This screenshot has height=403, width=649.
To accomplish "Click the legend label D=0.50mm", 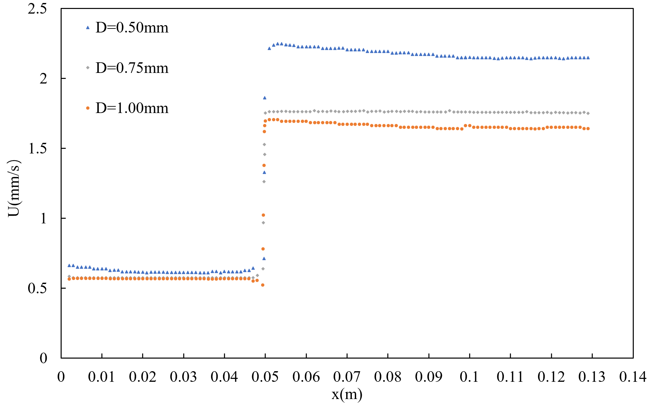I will (132, 28).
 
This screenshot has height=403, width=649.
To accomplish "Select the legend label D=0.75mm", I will (132, 68).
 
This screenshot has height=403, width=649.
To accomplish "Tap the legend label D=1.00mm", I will (132, 108).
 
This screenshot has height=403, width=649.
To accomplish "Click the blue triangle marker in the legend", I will (88, 28).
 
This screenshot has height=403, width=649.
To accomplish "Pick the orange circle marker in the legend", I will (88, 108).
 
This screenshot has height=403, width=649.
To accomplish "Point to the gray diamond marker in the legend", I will (88, 68).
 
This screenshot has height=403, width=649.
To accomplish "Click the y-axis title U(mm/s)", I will (14, 188).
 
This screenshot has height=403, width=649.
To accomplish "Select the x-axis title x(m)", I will (347, 394).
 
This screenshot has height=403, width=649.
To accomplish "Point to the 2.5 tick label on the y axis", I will (37, 9).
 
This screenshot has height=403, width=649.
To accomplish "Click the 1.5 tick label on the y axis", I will (37, 148).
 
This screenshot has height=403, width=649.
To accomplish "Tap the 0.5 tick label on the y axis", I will (37, 288).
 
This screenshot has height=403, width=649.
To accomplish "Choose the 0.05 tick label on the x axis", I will (265, 377).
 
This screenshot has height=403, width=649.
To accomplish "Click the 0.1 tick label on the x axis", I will (469, 377).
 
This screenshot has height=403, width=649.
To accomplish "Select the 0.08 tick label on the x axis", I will (388, 377).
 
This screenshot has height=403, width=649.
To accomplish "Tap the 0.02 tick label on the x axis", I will (142, 377).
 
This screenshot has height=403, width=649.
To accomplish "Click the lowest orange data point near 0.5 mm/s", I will (263, 285).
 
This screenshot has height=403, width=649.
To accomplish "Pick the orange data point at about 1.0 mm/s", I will (263, 215).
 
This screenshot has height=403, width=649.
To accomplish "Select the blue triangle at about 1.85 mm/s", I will (265, 98).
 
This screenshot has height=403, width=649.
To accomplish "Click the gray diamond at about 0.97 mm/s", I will (263, 223).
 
